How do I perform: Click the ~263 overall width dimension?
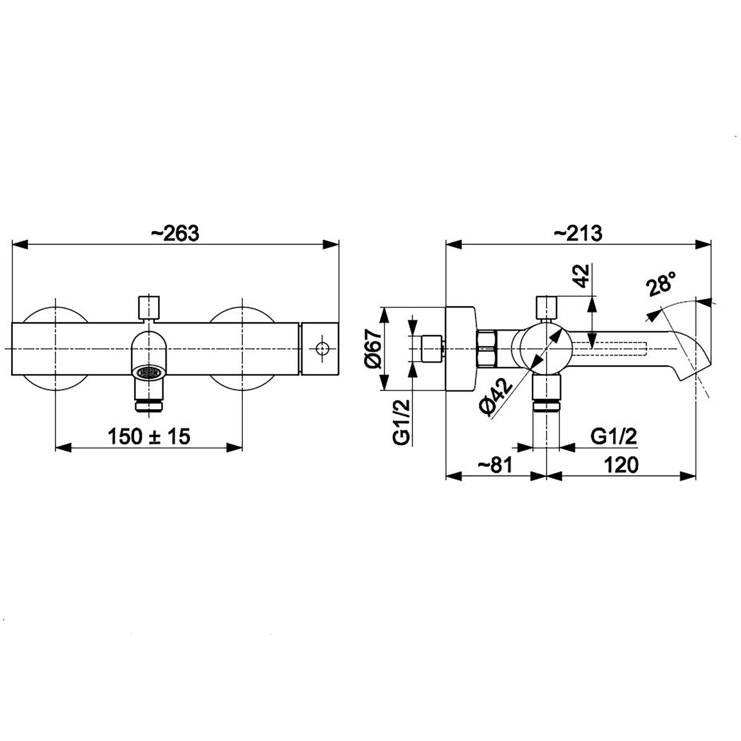click(175, 233)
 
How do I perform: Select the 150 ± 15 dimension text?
click(149, 436)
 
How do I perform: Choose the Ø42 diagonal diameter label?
click(496, 397)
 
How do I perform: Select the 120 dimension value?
click(621, 465)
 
